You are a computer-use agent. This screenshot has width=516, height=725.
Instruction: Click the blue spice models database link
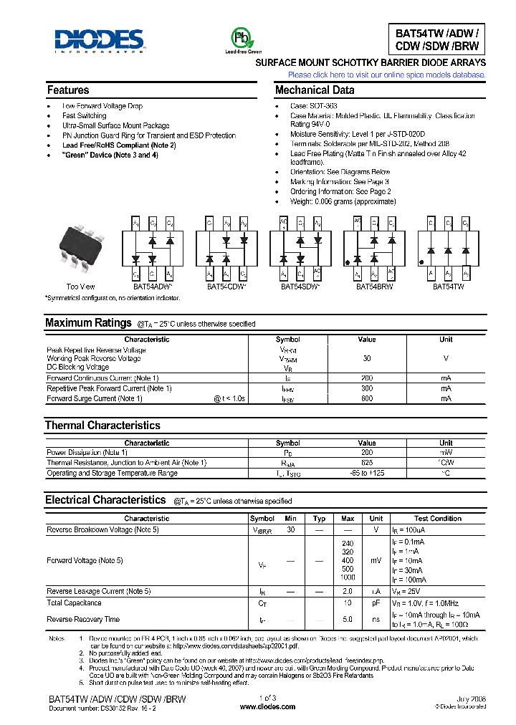pos(386,75)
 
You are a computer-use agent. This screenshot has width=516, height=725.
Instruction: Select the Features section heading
pos(68,90)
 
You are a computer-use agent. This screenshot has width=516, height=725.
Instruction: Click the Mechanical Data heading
pos(315,90)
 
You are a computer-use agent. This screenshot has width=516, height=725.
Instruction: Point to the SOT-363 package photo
pos(80,247)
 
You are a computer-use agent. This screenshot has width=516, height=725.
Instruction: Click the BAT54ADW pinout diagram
pos(152,249)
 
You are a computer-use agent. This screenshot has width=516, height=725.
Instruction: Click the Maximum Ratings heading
pos(88,323)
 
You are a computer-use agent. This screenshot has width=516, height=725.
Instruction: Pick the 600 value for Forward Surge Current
pos(366,398)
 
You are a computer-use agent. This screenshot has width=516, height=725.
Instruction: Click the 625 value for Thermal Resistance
pos(366,463)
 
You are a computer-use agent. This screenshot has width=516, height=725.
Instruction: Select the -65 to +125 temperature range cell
pos(366,474)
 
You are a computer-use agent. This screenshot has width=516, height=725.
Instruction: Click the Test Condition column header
pos(437,519)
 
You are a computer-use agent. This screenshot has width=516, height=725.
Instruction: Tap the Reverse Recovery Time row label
pos(83,619)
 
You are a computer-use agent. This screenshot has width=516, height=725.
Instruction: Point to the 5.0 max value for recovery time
pos(348,619)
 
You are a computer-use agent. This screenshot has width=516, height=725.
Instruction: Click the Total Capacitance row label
pos(74,603)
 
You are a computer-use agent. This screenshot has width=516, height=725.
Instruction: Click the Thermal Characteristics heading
pos(102,426)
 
